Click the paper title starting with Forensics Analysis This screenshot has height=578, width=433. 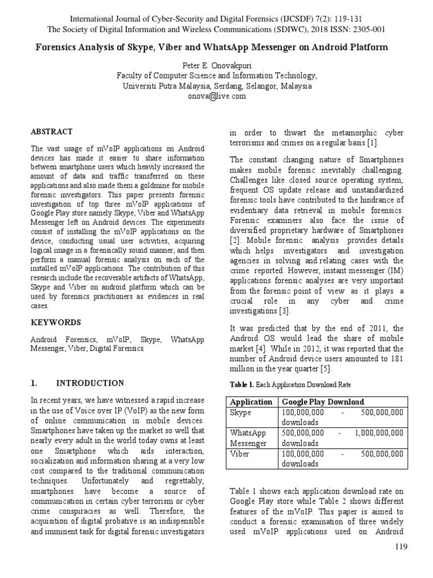pyautogui.click(x=216, y=47)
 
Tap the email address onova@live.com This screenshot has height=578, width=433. pyautogui.click(x=216, y=97)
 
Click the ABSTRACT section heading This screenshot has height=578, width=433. pyautogui.click(x=51, y=132)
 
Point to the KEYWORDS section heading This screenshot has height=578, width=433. pyautogui.click(x=55, y=323)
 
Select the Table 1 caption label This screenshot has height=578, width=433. pyautogui.click(x=242, y=385)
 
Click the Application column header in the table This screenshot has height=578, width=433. pyautogui.click(x=251, y=402)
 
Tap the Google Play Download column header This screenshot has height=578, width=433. pyautogui.click(x=324, y=402)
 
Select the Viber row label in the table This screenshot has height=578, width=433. pyautogui.click(x=240, y=453)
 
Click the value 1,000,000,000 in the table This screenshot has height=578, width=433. pyautogui.click(x=379, y=433)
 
